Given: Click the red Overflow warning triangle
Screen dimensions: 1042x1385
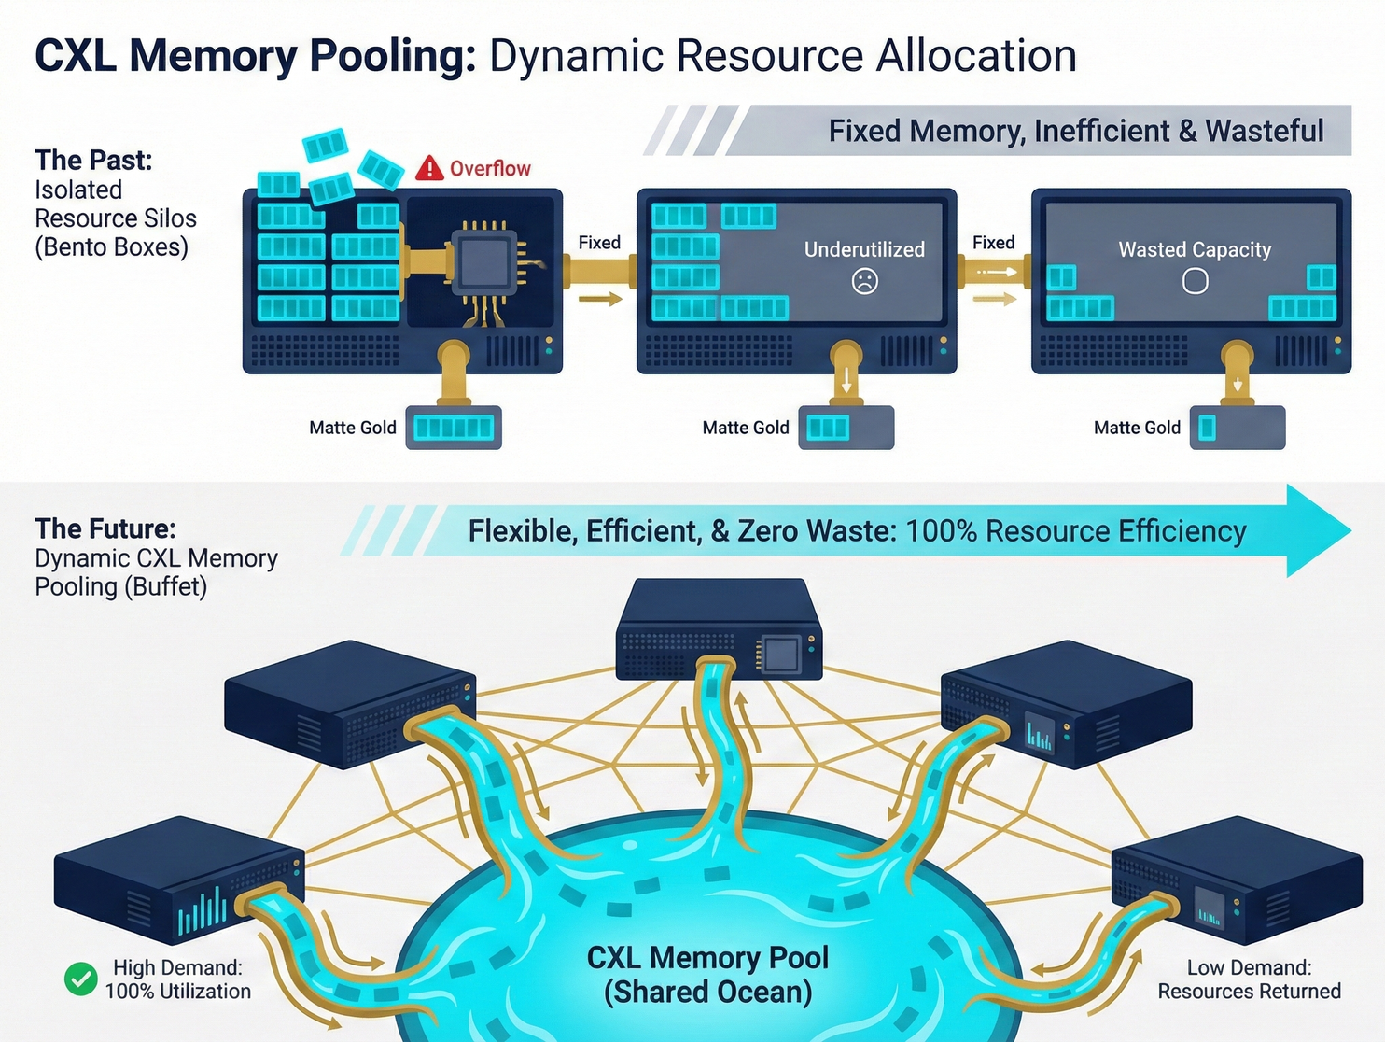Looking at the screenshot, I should point(429,168).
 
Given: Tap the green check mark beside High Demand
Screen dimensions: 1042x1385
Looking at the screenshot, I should point(81,979).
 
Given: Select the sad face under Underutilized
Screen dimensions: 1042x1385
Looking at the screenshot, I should point(865,281).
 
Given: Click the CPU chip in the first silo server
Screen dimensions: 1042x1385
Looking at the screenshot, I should point(483,260).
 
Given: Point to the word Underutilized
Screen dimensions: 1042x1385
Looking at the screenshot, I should point(864,249).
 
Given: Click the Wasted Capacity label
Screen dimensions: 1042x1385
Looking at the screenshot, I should point(1195,249).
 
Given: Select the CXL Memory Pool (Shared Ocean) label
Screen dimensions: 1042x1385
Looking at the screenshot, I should point(707,974).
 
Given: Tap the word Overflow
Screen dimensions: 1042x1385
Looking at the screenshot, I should point(490,169).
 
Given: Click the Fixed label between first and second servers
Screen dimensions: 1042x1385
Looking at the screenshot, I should point(599,243).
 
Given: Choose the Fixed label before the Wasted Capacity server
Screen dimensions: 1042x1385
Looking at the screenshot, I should point(993,243).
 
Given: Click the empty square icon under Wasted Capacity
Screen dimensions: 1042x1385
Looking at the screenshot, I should point(1195,281).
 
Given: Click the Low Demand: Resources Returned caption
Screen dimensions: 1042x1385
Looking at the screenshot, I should point(1249,979).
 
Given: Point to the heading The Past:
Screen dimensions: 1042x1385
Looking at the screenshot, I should point(93,161).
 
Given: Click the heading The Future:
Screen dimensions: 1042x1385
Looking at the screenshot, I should point(105,529).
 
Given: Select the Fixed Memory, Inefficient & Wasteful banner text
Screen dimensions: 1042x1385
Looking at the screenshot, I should point(1075,131).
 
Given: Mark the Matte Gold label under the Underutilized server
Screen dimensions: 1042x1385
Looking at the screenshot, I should point(745,428).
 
